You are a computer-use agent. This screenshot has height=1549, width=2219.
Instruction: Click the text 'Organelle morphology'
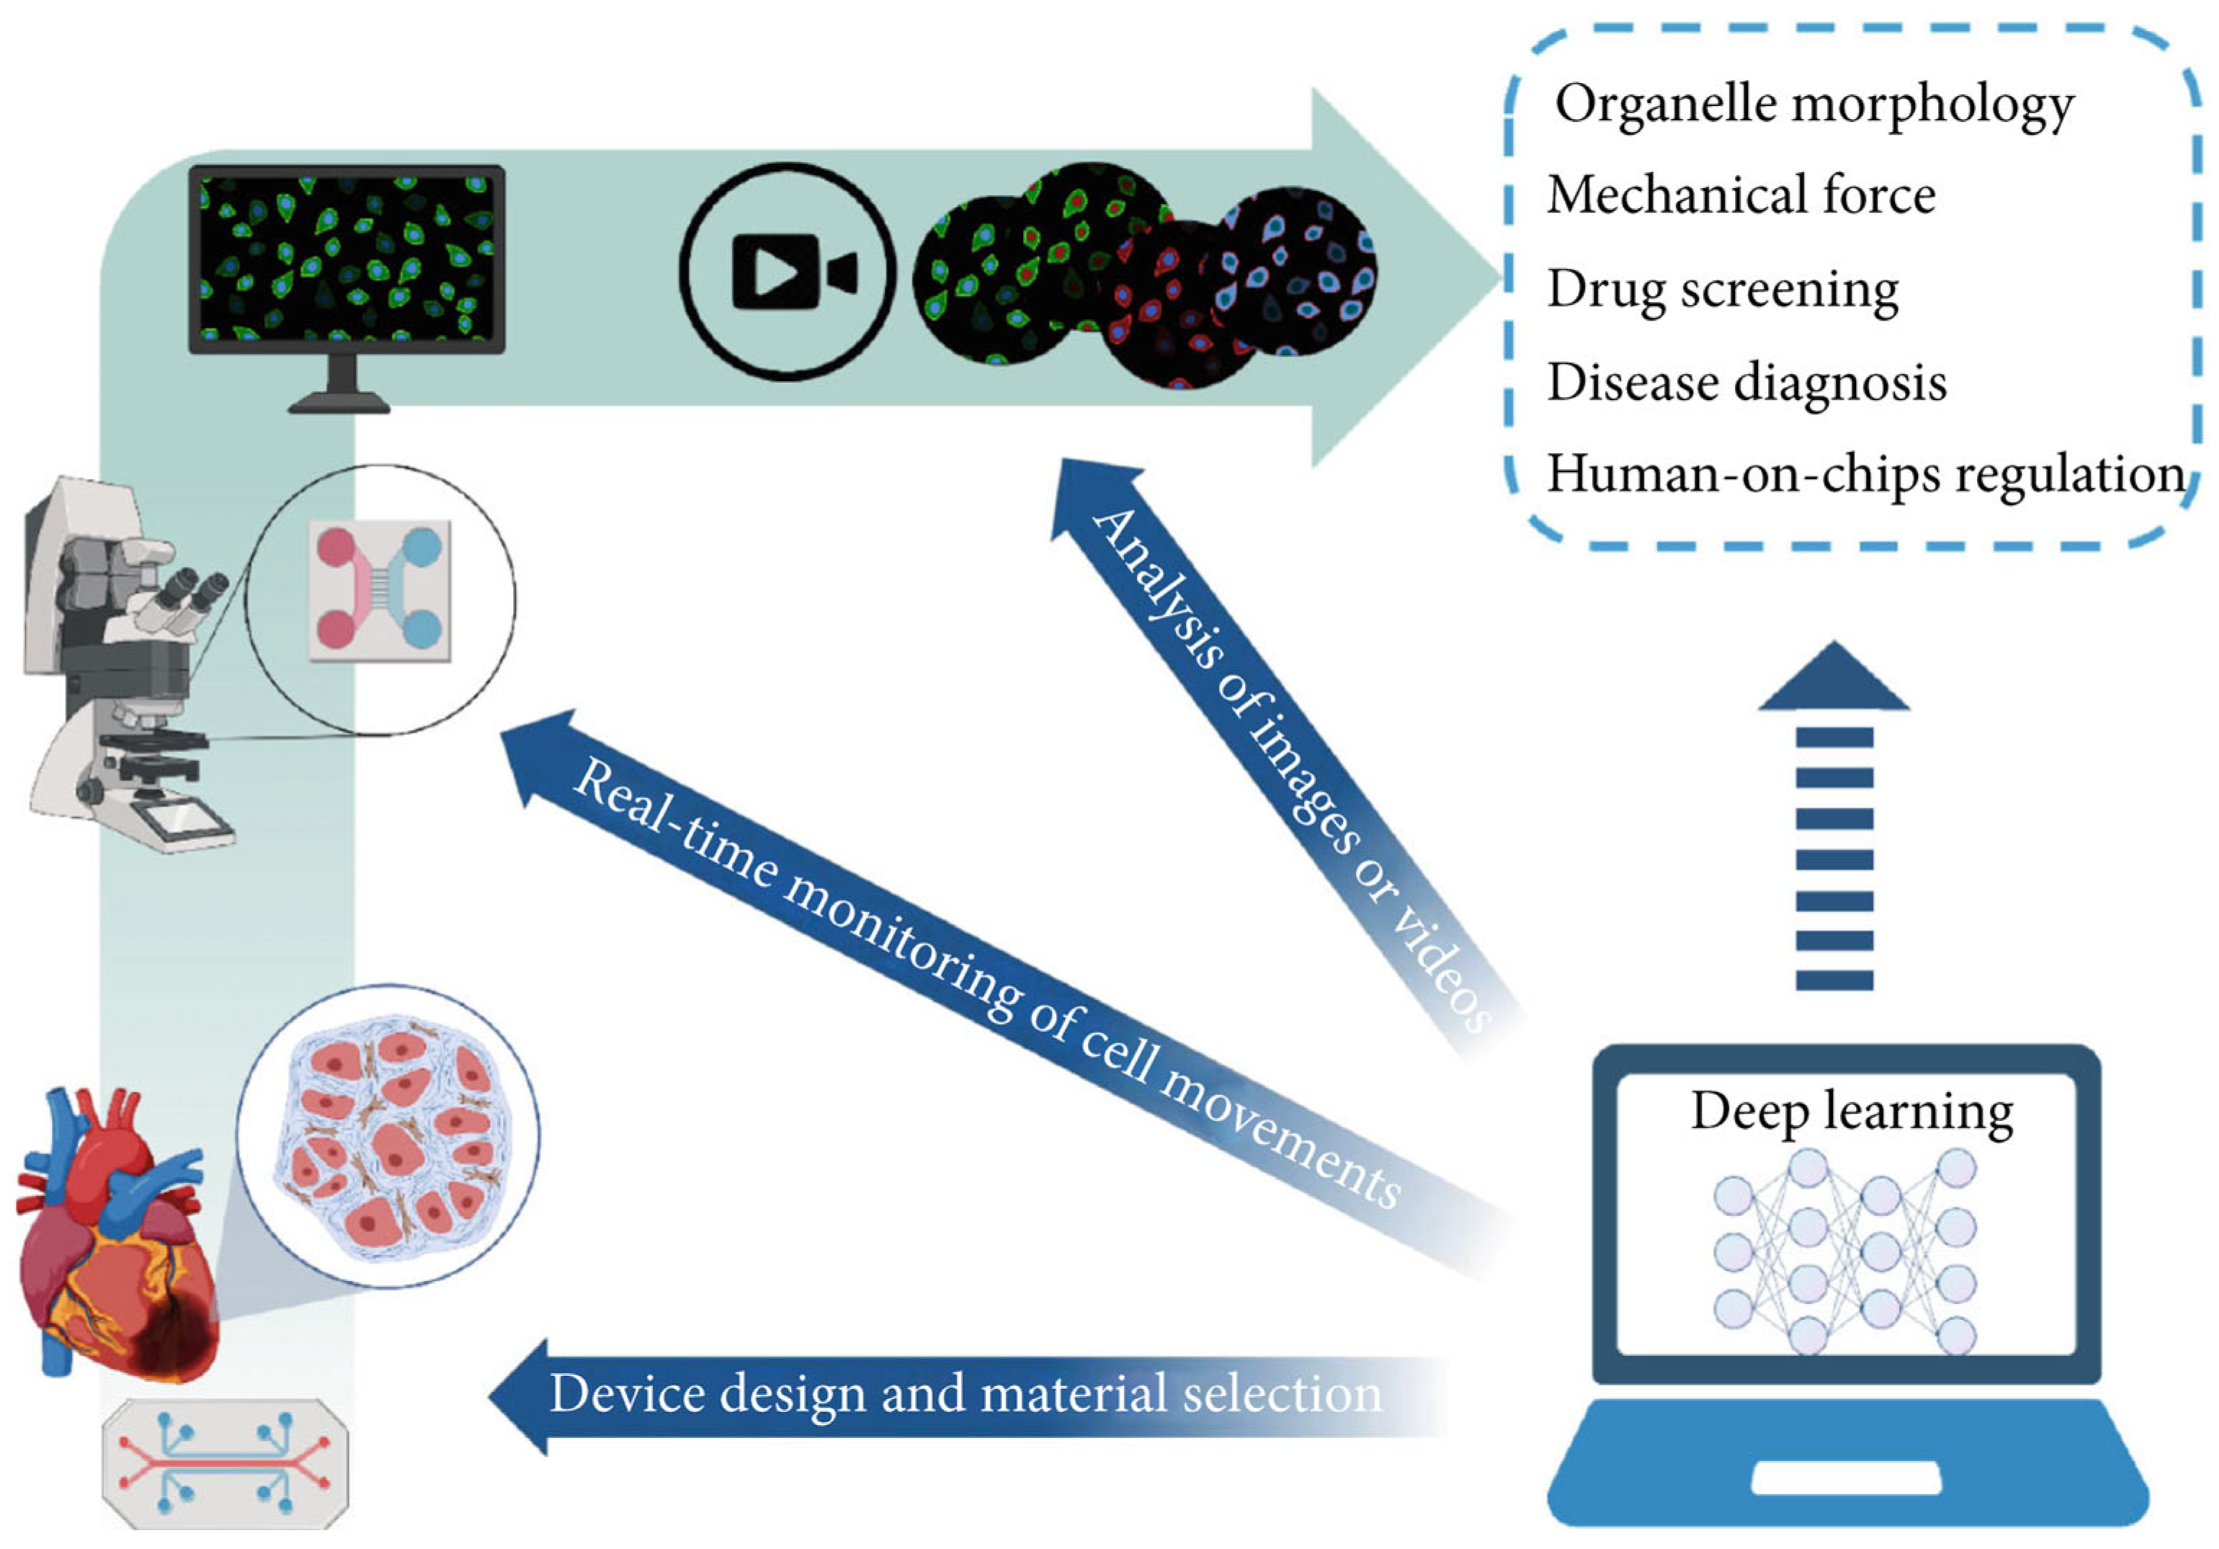click(1814, 104)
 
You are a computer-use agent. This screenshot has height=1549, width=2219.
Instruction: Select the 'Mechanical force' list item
click(1741, 195)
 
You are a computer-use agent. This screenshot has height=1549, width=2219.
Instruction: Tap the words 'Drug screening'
click(1722, 289)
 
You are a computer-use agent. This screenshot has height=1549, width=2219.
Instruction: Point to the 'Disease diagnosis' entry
click(1746, 382)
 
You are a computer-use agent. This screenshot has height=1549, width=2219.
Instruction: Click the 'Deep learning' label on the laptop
click(1852, 1111)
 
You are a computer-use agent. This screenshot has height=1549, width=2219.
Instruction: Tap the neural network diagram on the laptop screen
click(1845, 1251)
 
